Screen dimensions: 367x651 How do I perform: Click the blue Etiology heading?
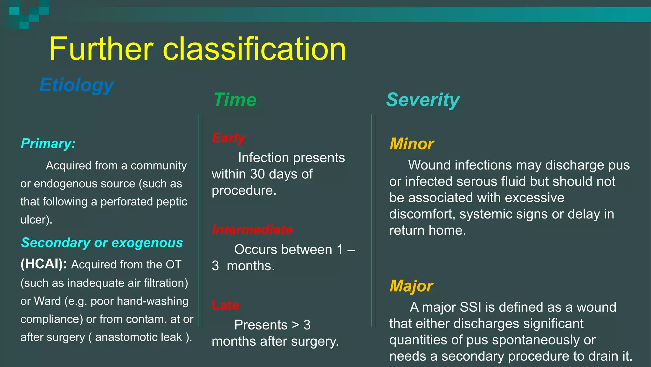click(x=77, y=85)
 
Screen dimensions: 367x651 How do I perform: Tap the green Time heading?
click(x=235, y=100)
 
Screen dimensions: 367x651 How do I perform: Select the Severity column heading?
click(x=423, y=100)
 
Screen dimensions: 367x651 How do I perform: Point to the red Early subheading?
click(x=228, y=138)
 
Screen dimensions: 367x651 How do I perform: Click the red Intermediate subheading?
click(x=252, y=230)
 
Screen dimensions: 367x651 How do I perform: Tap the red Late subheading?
click(x=225, y=305)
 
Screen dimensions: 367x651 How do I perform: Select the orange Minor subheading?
click(x=412, y=144)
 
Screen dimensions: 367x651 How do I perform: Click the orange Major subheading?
click(x=411, y=286)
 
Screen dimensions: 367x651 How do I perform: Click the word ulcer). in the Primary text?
click(x=36, y=220)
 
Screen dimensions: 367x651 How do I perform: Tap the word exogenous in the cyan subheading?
click(x=147, y=243)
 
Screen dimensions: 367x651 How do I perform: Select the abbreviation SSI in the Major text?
click(x=471, y=307)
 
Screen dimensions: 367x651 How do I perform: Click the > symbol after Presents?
click(x=296, y=325)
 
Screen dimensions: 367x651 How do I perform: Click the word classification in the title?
click(x=254, y=49)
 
